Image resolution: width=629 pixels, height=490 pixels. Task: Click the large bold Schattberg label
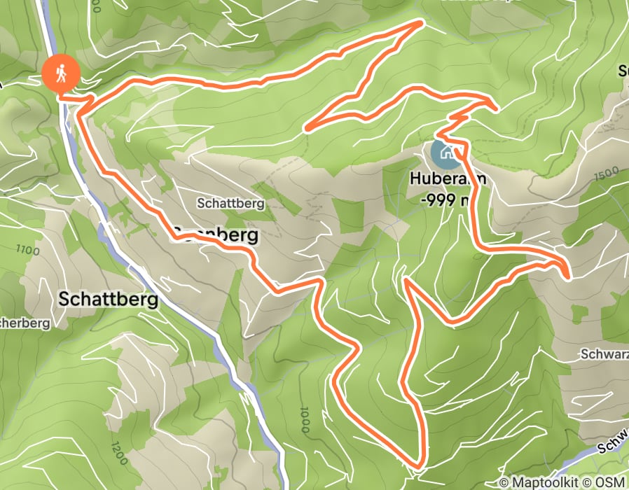click(108, 299)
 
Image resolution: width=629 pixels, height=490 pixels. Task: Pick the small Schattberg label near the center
click(230, 204)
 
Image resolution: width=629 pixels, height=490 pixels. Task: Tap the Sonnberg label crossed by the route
click(216, 236)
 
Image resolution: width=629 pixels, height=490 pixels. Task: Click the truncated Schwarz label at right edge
click(604, 354)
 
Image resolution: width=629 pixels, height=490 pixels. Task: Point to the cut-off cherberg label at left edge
click(25, 323)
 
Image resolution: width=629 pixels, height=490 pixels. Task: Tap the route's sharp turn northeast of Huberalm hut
click(496, 108)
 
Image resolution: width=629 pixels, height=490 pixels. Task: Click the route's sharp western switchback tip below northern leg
click(307, 129)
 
